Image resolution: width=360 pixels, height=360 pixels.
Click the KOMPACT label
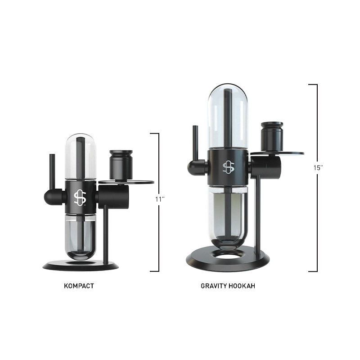79,286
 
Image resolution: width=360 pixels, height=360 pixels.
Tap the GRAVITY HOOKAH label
228,286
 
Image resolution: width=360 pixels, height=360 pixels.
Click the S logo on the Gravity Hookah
228,167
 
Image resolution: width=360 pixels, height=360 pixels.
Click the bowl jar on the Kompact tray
121,165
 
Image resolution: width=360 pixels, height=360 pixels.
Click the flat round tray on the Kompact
139,183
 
